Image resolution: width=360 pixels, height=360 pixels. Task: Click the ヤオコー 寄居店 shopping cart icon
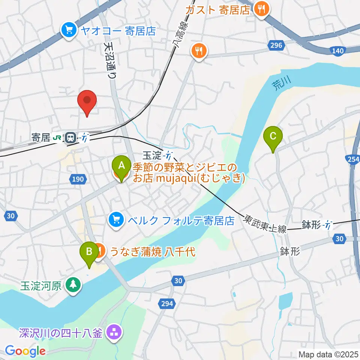pos(69,30)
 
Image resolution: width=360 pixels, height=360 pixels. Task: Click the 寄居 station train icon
pos(70,138)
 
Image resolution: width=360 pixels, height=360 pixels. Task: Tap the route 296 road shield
pos(275,45)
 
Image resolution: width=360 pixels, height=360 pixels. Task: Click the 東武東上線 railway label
pos(265,223)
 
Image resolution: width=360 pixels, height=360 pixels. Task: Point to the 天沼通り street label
pos(111,59)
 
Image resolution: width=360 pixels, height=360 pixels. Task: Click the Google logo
pos(25,351)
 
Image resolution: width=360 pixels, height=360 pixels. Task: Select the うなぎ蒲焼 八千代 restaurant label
pos(152,251)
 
